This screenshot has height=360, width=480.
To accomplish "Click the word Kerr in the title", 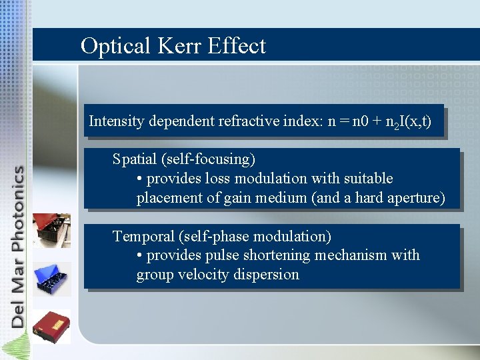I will [x=180, y=46].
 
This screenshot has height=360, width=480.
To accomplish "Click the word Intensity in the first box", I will [x=113, y=121].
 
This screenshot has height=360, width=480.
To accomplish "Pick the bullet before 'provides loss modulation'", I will [x=139, y=179].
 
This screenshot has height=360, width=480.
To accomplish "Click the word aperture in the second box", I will [x=417, y=198].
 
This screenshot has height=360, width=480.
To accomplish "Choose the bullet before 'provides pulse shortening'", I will [x=139, y=255].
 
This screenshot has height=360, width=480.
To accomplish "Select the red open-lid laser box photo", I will [x=51, y=231].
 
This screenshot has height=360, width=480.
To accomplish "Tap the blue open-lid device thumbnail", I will [x=51, y=278].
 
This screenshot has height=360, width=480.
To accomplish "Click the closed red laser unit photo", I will [x=51, y=326].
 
